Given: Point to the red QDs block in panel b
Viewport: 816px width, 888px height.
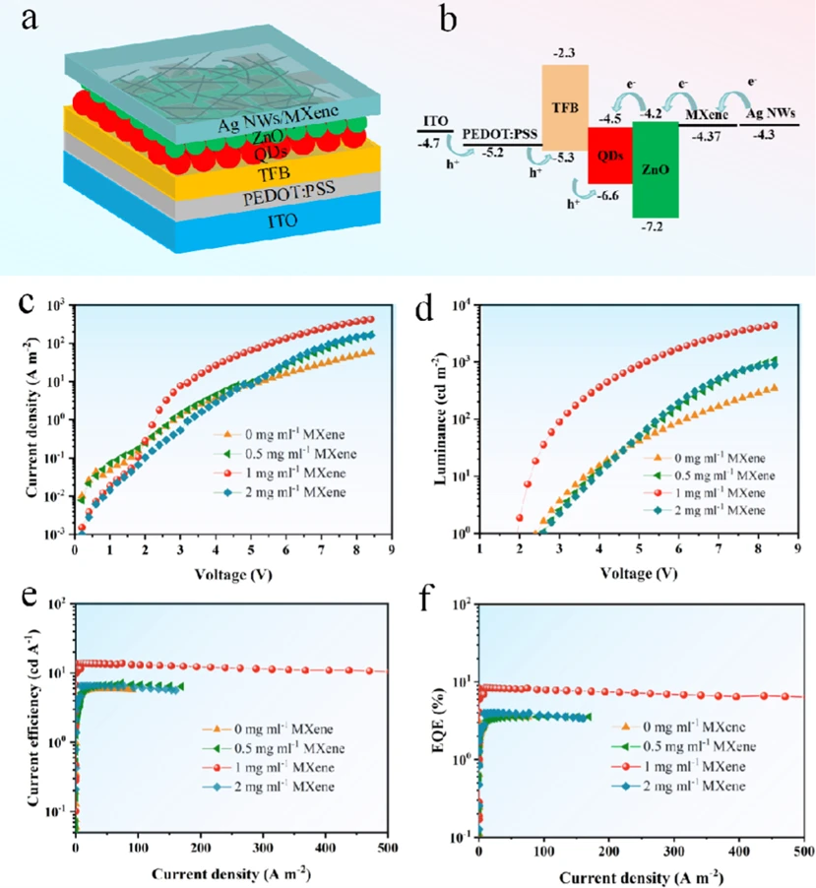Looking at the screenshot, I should tap(609, 155).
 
